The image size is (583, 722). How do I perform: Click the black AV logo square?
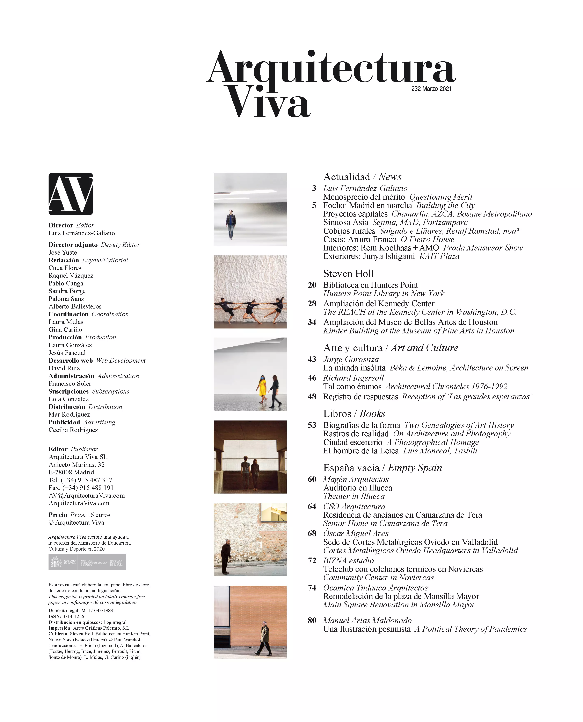(x=71, y=194)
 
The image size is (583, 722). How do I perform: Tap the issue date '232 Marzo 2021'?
(x=431, y=89)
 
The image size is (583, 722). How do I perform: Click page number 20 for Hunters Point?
(x=312, y=285)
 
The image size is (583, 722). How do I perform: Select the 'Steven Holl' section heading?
(x=348, y=273)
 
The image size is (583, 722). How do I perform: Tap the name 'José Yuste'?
(x=63, y=252)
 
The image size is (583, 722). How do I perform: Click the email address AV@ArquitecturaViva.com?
(x=87, y=495)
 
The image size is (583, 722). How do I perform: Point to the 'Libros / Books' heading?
(x=354, y=413)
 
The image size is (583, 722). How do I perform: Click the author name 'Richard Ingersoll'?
(x=353, y=378)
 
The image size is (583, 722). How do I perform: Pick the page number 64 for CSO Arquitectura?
(x=312, y=506)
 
